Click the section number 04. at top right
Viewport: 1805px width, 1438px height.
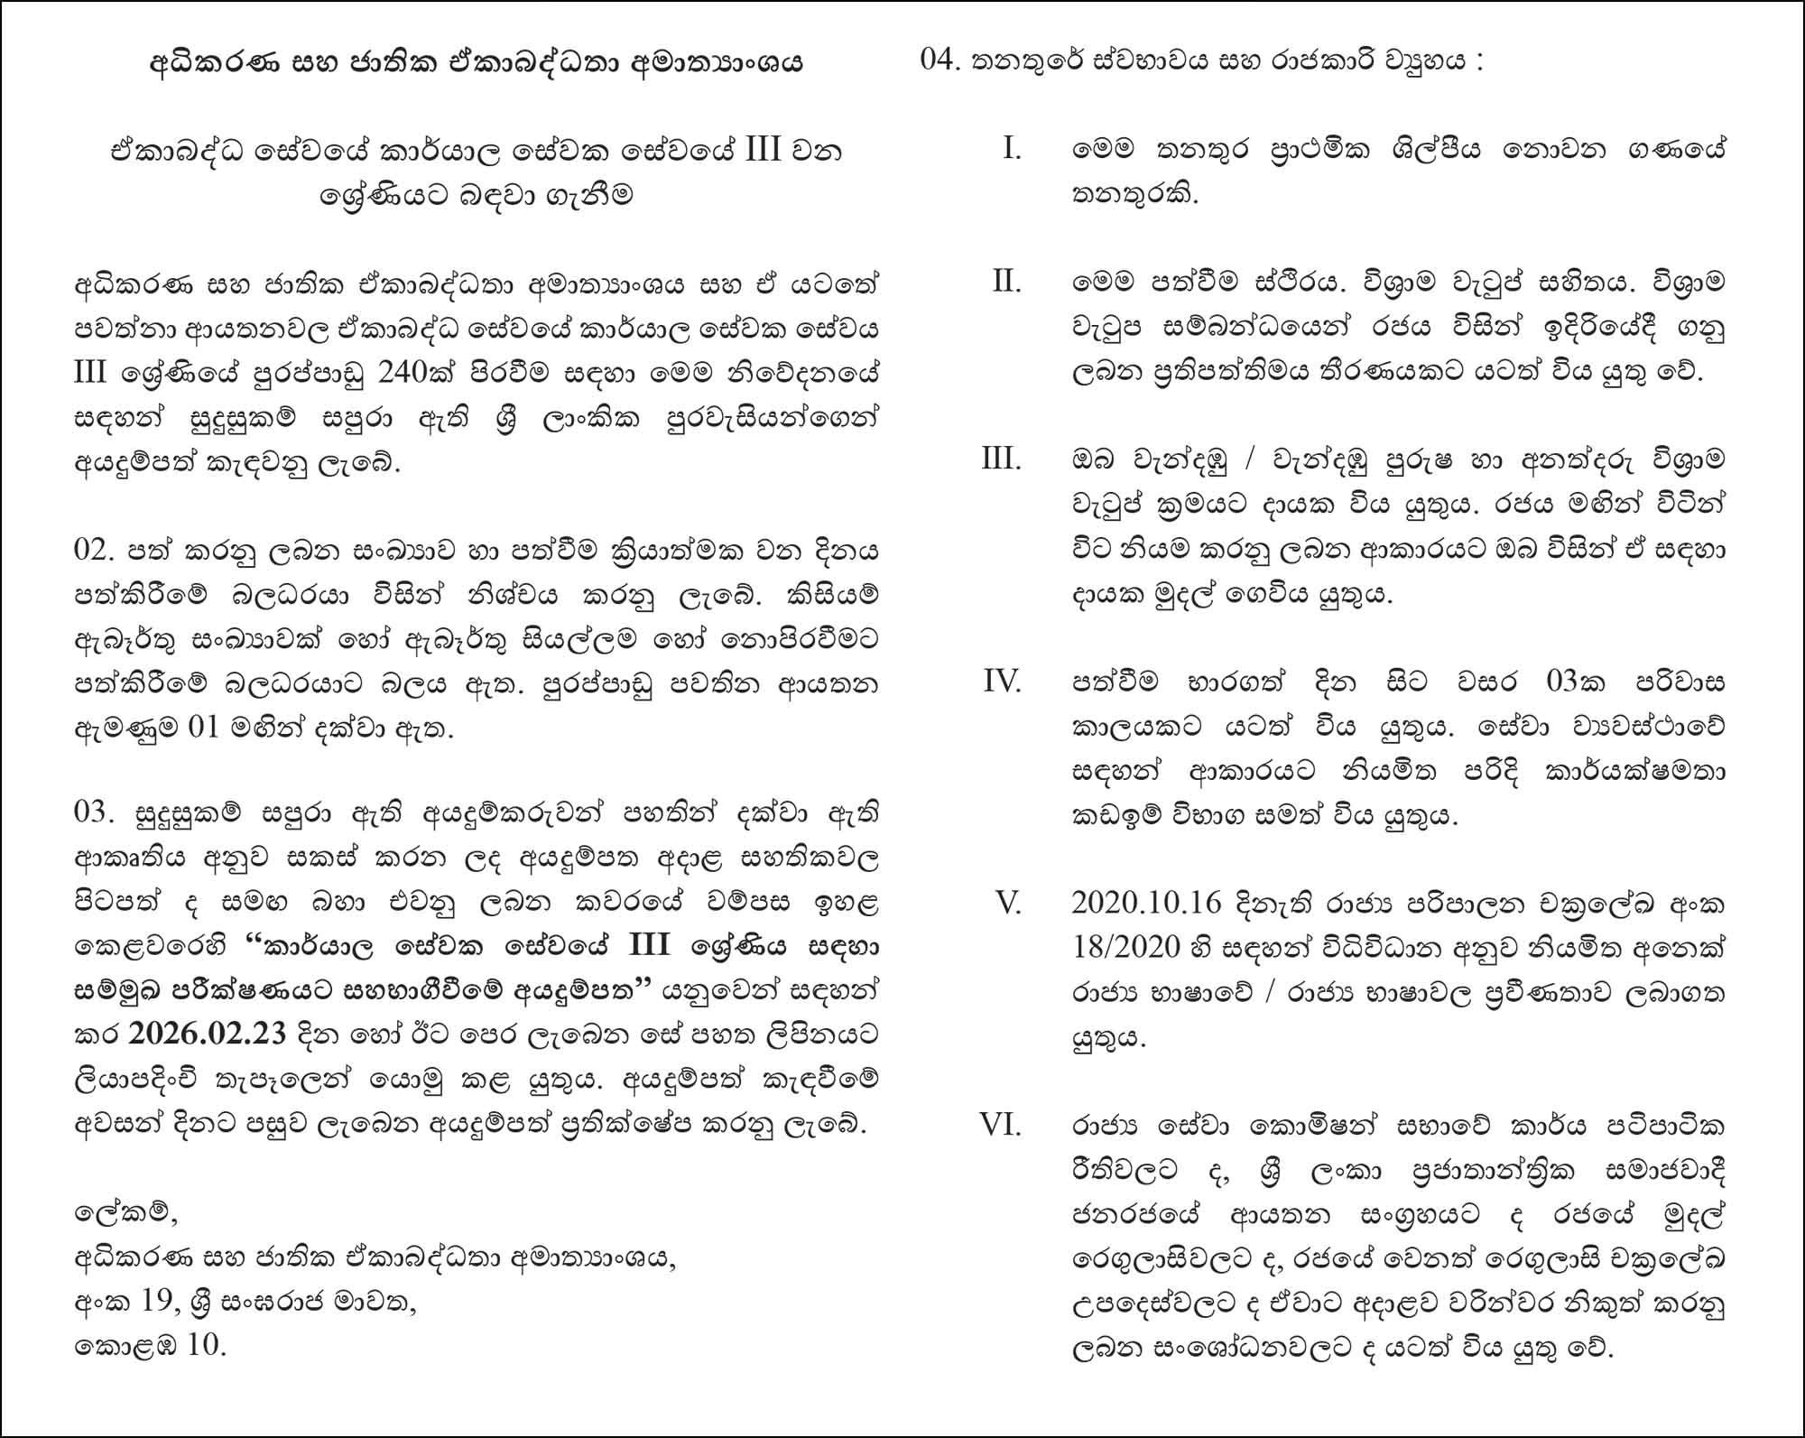(x=941, y=60)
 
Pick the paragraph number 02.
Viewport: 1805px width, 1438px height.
(x=94, y=551)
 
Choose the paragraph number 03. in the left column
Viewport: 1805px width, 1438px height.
(x=94, y=812)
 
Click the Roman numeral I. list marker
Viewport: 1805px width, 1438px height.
(x=1012, y=148)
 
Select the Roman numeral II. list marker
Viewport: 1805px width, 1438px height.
(x=1006, y=282)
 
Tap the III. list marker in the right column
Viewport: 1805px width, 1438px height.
(x=1002, y=459)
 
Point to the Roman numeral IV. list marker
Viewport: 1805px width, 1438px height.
(x=1002, y=682)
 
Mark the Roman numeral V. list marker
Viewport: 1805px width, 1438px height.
(x=1008, y=903)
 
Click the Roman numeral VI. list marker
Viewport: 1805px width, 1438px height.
(x=1001, y=1126)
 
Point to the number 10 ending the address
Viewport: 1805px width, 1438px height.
(x=207, y=1346)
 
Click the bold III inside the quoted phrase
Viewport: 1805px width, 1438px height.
(x=648, y=946)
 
